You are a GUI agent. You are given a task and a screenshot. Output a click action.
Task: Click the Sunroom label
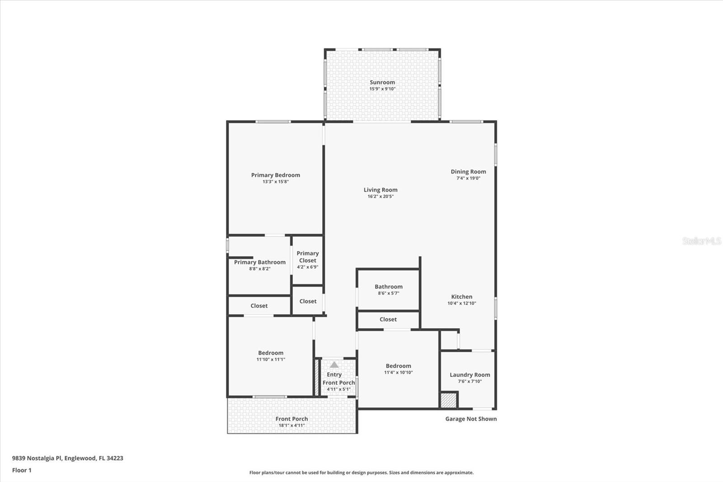coord(382,82)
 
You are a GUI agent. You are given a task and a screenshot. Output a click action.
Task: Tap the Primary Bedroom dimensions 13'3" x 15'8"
coord(275,182)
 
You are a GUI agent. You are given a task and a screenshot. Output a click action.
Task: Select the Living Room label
coord(380,190)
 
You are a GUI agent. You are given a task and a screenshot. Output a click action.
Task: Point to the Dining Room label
coord(468,171)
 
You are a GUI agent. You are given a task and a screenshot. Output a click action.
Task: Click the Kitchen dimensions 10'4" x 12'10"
coord(461,303)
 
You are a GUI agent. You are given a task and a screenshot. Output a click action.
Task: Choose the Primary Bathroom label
coord(259,262)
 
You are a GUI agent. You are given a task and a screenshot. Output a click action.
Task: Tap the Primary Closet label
coord(308,257)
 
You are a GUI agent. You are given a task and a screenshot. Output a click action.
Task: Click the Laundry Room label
coord(469,375)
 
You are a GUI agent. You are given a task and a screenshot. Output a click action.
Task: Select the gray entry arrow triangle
coord(334,364)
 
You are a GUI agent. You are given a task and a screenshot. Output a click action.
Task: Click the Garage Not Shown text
coord(471,419)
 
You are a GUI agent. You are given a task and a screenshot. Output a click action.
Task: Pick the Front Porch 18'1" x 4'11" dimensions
coord(291,425)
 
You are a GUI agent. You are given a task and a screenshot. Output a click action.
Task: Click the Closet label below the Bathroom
coord(388,319)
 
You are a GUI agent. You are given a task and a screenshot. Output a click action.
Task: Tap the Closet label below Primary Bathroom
coord(259,306)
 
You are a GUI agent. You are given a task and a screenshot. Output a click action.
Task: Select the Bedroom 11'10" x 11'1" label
coord(271,353)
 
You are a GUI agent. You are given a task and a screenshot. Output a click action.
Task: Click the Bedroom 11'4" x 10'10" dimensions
coord(398,373)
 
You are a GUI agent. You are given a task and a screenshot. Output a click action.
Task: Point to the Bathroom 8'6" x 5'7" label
coord(388,287)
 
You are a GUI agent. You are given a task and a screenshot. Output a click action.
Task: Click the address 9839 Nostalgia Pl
coord(67,458)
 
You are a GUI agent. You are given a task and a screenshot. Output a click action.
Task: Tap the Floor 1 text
coord(22,470)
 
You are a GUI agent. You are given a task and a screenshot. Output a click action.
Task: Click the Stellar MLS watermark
coord(701,241)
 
